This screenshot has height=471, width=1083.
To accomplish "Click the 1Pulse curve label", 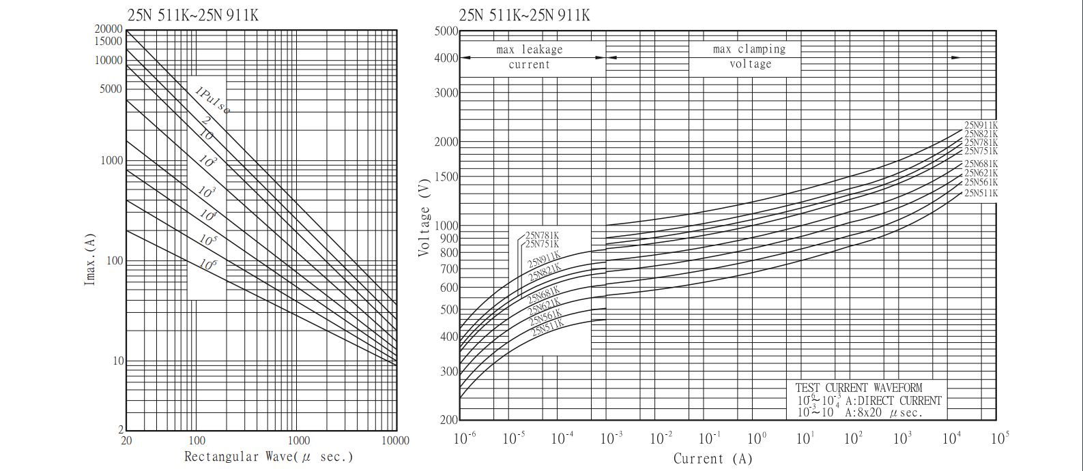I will [x=212, y=100].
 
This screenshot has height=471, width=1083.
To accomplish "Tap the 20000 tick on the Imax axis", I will [x=109, y=29].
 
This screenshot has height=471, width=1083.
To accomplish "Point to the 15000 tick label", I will [x=109, y=41].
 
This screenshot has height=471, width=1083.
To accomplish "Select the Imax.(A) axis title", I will [x=90, y=259].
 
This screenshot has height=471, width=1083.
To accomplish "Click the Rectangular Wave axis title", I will [x=268, y=457].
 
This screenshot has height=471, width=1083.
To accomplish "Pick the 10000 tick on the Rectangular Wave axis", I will [x=395, y=440].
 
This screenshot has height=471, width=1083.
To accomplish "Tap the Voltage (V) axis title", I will [x=424, y=218].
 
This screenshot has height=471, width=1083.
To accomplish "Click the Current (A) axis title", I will [x=712, y=459].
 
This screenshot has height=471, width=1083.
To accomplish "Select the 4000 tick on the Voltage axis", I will [x=446, y=58].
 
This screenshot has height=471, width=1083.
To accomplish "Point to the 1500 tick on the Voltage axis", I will [x=446, y=177].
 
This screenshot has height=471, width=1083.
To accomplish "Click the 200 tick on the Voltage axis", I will [x=448, y=419].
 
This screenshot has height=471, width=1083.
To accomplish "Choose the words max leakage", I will [x=529, y=50].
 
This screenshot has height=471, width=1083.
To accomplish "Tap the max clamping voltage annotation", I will [x=749, y=57].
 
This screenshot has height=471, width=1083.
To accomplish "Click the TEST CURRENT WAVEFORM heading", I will [x=858, y=388].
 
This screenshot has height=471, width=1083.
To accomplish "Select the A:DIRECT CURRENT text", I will [x=893, y=401].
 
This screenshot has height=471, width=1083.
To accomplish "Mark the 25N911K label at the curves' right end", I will [x=981, y=125].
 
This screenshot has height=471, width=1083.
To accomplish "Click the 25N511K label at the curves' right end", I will [x=981, y=194].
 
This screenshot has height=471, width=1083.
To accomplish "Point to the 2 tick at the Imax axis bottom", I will [x=121, y=429].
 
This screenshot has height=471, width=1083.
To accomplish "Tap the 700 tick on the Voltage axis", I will [x=449, y=269].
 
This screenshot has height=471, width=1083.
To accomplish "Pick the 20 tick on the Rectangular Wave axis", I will [x=126, y=440].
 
